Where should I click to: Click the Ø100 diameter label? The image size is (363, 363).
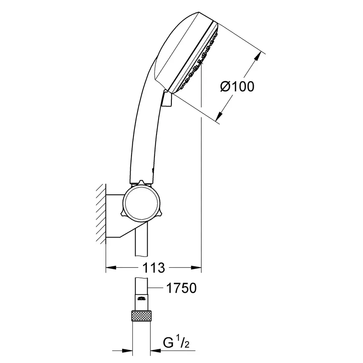238,86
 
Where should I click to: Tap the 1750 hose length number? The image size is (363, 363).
181,288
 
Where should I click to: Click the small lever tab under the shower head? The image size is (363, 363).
167,99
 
